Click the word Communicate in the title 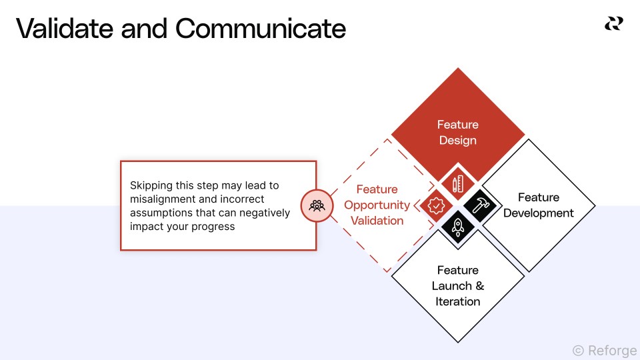coord(261,29)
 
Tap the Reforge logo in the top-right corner coord(613,24)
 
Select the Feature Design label coord(457,132)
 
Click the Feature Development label coord(538,205)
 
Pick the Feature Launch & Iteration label coord(457,285)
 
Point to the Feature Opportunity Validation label coord(377,205)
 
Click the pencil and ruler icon coord(458,184)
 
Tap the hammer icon coord(480,205)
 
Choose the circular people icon coord(317,205)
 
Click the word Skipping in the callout coord(151,185)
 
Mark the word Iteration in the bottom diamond coord(457,301)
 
